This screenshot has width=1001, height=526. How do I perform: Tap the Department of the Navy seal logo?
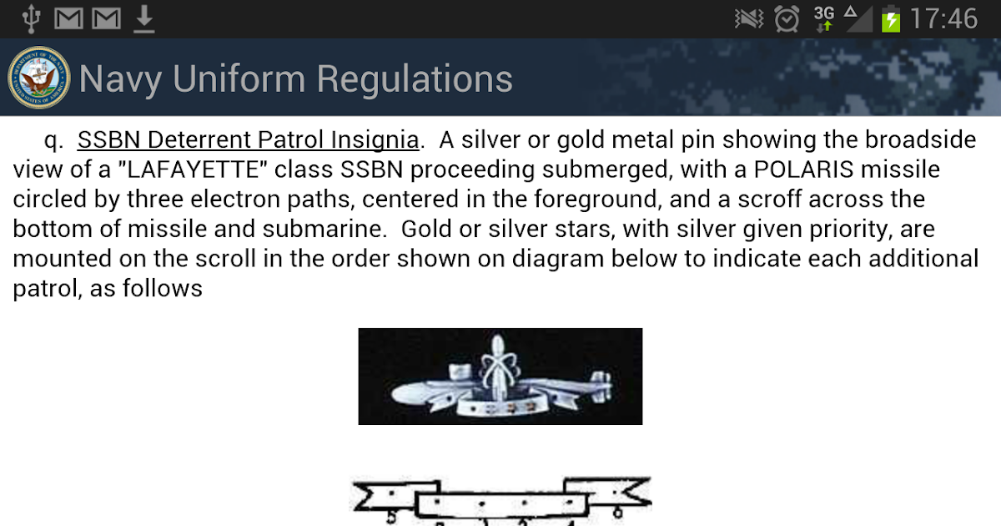pos(39,78)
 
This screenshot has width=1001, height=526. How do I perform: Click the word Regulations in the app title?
pos(415,79)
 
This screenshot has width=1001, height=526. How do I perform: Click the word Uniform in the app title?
pos(239,78)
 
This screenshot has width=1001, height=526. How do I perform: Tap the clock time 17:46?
pos(943,18)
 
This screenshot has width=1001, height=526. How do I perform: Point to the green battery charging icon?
pos(891,19)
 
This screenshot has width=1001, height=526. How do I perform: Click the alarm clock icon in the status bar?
pos(787,18)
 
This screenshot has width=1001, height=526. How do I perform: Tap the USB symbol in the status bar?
pos(32,19)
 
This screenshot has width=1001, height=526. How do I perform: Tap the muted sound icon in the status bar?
pos(749,19)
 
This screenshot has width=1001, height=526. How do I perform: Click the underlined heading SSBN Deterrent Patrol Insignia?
pos(248,139)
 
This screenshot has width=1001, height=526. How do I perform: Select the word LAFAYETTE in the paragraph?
pos(193,169)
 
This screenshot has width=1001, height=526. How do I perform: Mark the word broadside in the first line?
pos(921,139)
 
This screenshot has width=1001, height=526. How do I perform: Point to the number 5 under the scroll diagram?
pos(391,517)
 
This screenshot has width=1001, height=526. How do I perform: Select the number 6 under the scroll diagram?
pos(617,511)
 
